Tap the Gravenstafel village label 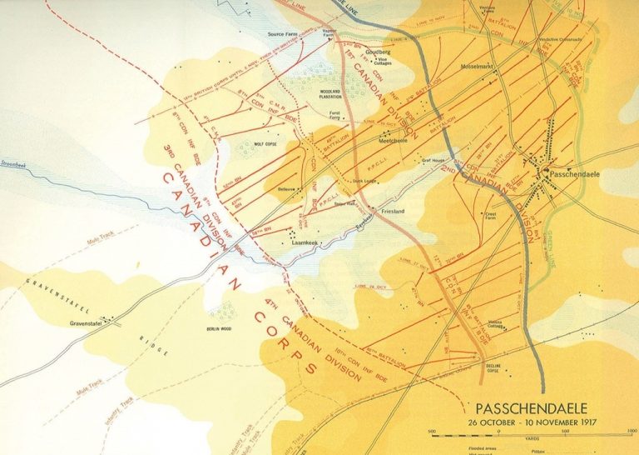[86, 323]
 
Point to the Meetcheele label [393, 141]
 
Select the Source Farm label [283, 34]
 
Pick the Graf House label [434, 160]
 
